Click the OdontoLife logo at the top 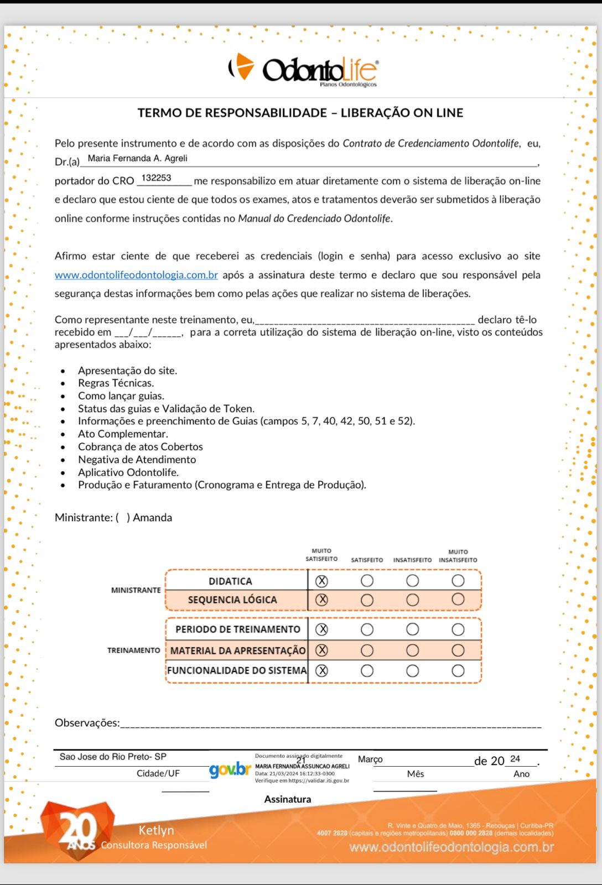tap(303, 70)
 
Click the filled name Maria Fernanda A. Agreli tap(137, 159)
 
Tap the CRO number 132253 tap(156, 178)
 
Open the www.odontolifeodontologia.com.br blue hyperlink tap(136, 275)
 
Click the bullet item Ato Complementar tap(123, 434)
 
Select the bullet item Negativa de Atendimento tap(137, 460)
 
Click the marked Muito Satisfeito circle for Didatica tap(321, 581)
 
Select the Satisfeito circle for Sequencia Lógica tap(367, 600)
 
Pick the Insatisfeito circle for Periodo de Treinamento tap(412, 629)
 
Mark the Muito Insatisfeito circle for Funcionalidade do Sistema tap(458, 671)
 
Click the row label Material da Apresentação tap(237, 650)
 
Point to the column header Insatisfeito tap(412, 560)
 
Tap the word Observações tap(87, 723)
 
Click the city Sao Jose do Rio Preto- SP tap(113, 757)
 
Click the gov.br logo tap(230, 769)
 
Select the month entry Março tap(370, 759)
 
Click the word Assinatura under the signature tap(287, 799)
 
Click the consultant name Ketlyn tap(156, 830)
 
